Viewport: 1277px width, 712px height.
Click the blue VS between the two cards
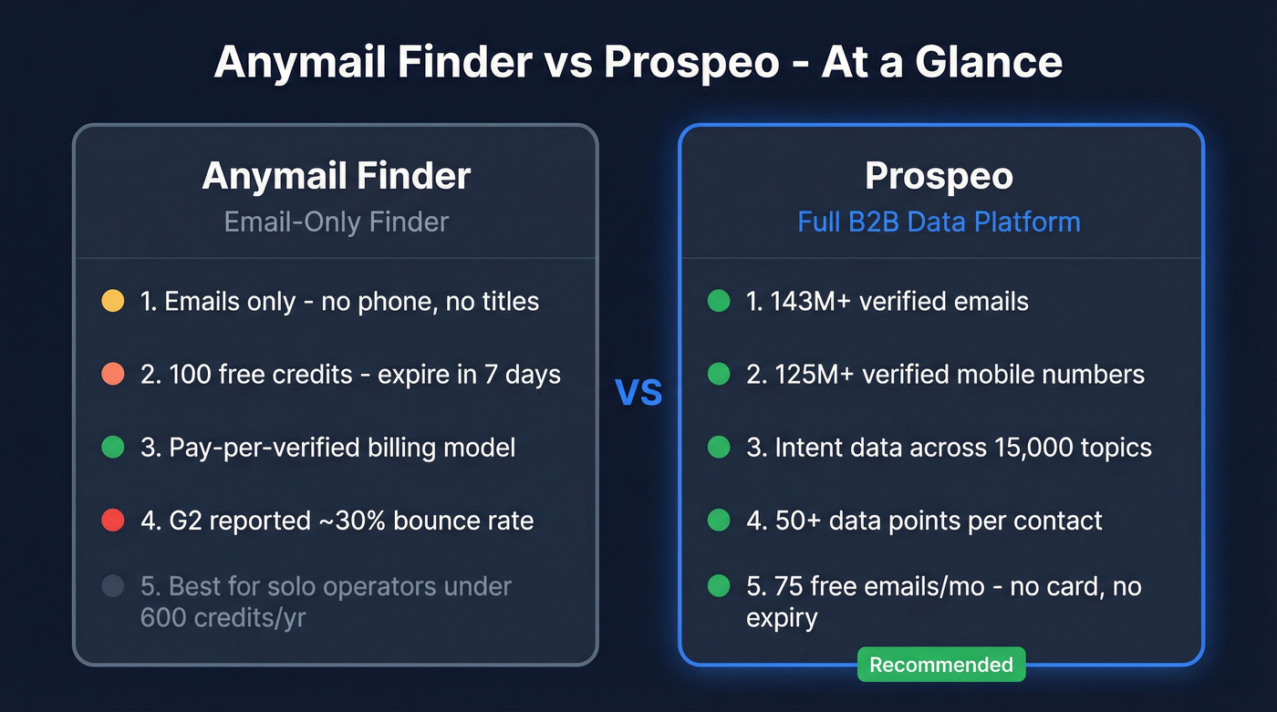point(638,392)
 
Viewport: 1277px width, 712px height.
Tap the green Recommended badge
point(940,665)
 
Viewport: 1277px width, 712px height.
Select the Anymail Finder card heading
point(336,176)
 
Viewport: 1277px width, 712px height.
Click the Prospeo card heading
point(939,176)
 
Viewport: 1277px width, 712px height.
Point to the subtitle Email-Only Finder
point(336,222)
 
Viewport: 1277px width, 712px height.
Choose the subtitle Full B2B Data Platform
point(939,222)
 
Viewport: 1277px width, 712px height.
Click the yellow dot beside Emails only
point(112,301)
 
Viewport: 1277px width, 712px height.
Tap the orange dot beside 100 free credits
point(112,374)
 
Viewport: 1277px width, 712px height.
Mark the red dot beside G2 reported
point(112,521)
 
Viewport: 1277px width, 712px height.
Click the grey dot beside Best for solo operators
point(112,586)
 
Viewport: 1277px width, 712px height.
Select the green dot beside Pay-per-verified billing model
point(112,448)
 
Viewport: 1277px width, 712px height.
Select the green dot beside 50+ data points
point(719,521)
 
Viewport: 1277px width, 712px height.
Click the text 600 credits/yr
point(223,618)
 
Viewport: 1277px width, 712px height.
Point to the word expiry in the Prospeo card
point(781,618)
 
